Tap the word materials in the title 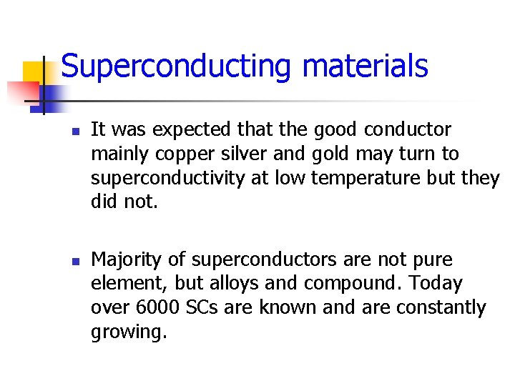pos(365,66)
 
